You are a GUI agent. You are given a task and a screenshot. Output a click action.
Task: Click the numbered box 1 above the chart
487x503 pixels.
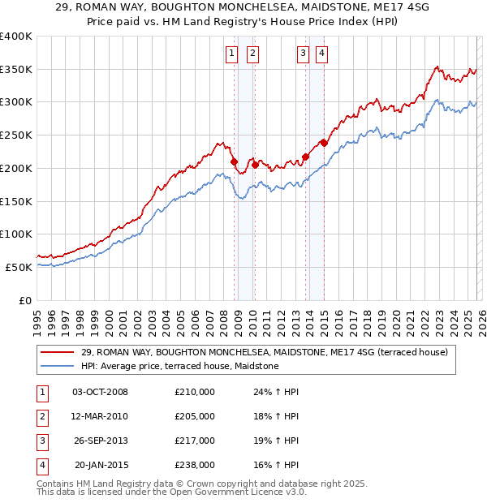click(x=231, y=54)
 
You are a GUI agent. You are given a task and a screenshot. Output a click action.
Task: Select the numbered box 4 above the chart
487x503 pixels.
click(x=322, y=54)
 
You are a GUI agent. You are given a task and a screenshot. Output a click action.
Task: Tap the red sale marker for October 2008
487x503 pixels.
click(x=234, y=161)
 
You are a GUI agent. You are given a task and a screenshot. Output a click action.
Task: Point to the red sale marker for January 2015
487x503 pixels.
click(x=324, y=143)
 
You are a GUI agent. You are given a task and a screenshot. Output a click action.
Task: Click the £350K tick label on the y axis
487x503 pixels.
click(x=16, y=70)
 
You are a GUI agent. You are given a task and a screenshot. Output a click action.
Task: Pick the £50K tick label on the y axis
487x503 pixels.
click(x=19, y=267)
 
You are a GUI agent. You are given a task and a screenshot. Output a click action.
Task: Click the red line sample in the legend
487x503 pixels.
click(x=58, y=352)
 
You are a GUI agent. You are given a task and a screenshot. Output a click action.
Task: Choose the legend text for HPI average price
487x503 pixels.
click(x=179, y=367)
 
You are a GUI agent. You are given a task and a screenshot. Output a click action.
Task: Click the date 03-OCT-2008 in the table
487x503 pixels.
click(x=100, y=392)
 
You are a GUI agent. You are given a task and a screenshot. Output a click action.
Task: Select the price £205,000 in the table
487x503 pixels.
click(x=194, y=416)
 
